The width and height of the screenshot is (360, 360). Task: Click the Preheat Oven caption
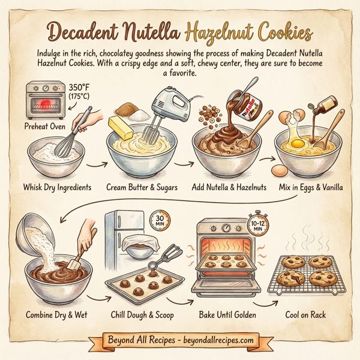[x=44, y=127]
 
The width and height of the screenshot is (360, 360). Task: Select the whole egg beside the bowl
[x=278, y=171]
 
